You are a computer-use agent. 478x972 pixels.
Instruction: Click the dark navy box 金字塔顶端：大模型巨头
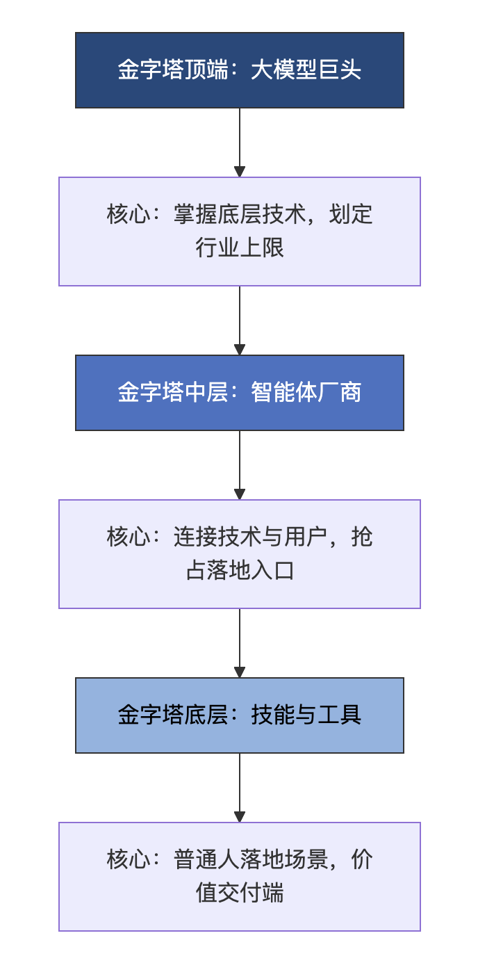[239, 70]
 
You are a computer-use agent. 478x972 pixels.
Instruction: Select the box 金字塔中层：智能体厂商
[239, 393]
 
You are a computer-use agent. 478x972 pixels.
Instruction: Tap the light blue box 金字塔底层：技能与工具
[239, 715]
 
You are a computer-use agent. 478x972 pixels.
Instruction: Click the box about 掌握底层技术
[239, 232]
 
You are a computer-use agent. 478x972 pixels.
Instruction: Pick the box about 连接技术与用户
[239, 554]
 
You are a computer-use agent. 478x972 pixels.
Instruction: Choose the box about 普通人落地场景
[239, 877]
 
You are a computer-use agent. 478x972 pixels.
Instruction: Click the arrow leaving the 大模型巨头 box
[240, 143]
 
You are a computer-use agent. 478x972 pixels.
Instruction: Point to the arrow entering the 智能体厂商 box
[240, 321]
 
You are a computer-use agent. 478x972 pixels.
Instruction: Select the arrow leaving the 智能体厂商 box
[240, 465]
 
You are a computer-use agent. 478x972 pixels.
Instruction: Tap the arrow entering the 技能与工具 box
[240, 644]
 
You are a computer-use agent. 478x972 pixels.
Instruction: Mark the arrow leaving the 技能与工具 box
[240, 788]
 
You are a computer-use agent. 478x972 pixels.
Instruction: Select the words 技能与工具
[306, 715]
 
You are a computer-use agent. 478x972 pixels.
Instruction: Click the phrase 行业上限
[240, 248]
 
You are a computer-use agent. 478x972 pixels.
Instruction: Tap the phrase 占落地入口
[240, 571]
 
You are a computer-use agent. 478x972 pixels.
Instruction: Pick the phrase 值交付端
[240, 893]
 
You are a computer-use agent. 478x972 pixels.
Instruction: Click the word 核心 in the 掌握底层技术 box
[129, 214]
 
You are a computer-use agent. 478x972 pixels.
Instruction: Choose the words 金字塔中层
[173, 393]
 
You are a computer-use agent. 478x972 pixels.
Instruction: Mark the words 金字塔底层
[173, 715]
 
